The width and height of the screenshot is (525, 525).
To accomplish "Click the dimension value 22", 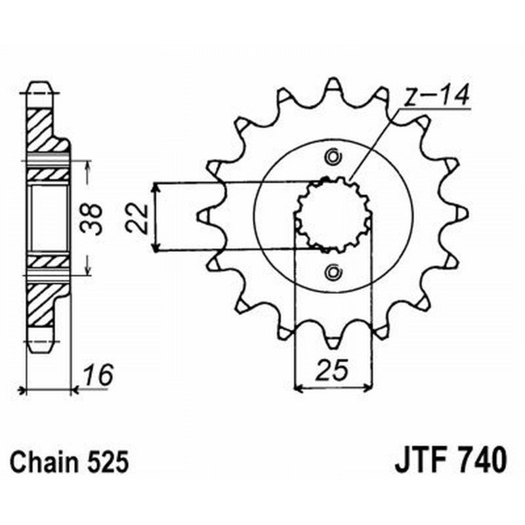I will coord(137,217).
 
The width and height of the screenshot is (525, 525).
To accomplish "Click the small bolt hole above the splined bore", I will coord(332,157).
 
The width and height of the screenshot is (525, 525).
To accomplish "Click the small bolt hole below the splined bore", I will coord(332,271).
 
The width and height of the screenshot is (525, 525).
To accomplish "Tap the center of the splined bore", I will coord(333,215).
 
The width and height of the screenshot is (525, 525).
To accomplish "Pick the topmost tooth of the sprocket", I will coord(333,85).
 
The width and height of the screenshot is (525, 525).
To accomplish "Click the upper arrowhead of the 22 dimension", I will coord(155,187).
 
